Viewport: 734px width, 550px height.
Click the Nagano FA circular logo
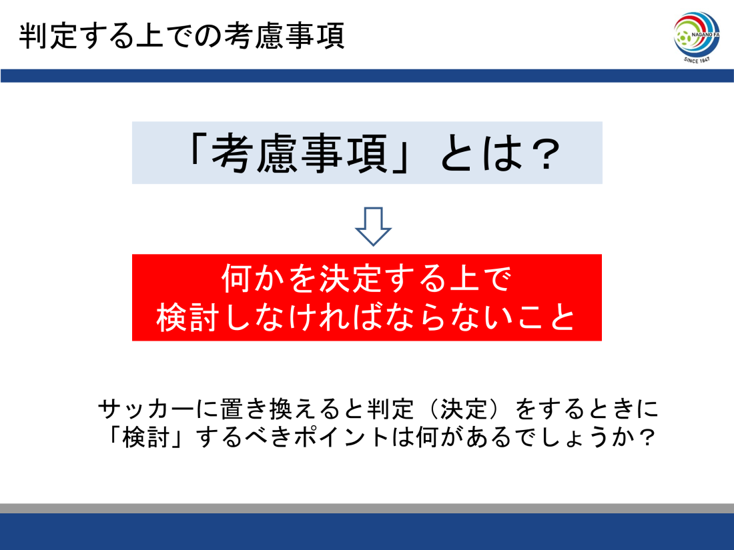pos(697,34)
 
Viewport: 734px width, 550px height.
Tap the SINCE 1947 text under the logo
pos(697,60)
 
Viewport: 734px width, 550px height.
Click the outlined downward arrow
pos(373,227)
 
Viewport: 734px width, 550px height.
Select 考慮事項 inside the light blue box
pos(300,153)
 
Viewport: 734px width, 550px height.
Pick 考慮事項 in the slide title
pos(284,36)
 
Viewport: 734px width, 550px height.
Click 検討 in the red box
pos(188,317)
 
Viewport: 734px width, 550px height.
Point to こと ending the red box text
pos(546,317)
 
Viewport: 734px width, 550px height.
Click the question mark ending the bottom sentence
pos(648,437)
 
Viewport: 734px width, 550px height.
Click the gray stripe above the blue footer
pos(367,509)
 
